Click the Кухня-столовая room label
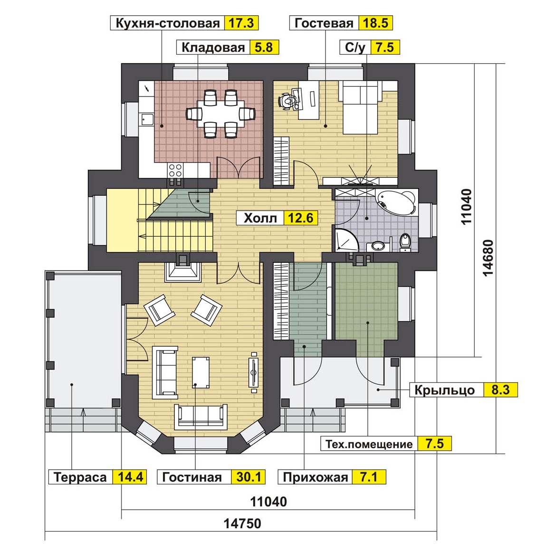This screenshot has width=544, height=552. [168, 23]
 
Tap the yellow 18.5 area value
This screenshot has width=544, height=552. [375, 23]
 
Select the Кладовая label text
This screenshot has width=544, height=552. [213, 47]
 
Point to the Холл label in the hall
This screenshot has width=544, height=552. [260, 218]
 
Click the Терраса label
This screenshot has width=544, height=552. [80, 477]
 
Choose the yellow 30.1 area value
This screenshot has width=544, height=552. [248, 477]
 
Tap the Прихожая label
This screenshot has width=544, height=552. [315, 477]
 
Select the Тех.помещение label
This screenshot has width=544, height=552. [369, 444]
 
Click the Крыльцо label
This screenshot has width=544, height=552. [444, 390]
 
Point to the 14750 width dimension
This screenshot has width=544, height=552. [242, 523]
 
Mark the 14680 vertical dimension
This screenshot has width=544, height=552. [488, 258]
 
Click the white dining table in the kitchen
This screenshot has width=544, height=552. [220, 114]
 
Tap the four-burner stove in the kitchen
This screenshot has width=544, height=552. [175, 171]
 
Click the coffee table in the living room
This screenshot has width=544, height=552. [200, 372]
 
